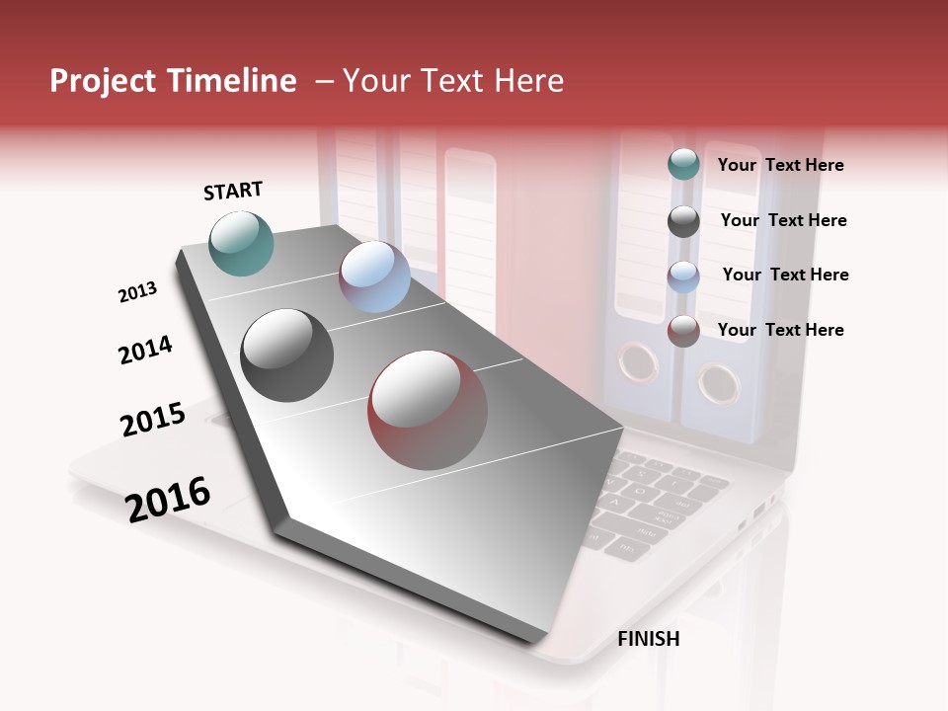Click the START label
[x=233, y=191]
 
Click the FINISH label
[x=648, y=639]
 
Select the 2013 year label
[x=137, y=292]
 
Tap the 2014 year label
[x=145, y=350]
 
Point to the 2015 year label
[x=153, y=420]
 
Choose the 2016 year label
[x=168, y=499]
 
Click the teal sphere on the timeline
[x=242, y=243]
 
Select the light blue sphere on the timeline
[x=374, y=276]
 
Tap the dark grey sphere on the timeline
[x=287, y=355]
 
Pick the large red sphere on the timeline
[x=428, y=410]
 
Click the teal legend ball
[x=683, y=164]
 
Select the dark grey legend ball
[x=683, y=221]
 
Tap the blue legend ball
[x=683, y=276]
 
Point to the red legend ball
[x=683, y=331]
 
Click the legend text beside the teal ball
[x=780, y=165]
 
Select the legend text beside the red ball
[x=780, y=330]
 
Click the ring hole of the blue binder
[x=717, y=382]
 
